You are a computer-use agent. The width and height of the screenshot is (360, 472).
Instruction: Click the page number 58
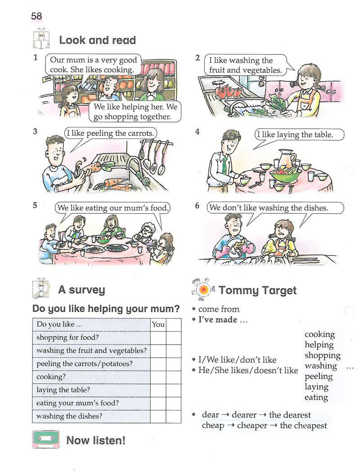(x=36, y=16)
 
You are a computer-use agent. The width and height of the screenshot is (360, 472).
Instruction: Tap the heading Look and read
(x=97, y=40)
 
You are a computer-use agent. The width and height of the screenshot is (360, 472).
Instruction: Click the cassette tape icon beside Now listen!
(x=46, y=440)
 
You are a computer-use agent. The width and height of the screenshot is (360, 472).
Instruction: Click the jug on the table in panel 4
(x=286, y=159)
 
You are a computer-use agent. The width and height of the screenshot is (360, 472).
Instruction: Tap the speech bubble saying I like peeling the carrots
(x=110, y=133)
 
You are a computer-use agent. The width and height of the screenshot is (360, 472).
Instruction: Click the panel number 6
(x=197, y=206)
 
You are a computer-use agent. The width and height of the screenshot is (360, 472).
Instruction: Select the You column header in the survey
(x=158, y=324)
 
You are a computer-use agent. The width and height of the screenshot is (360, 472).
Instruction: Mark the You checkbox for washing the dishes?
(x=158, y=417)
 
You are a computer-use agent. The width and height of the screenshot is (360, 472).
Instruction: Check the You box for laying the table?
(x=158, y=390)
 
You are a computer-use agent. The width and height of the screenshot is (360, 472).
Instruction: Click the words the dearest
(x=290, y=415)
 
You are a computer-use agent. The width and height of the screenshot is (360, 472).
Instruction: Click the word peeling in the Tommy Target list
(x=319, y=377)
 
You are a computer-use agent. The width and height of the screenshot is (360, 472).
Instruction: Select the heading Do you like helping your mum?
(x=106, y=309)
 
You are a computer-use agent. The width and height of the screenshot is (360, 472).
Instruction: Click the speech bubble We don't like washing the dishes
(x=275, y=208)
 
